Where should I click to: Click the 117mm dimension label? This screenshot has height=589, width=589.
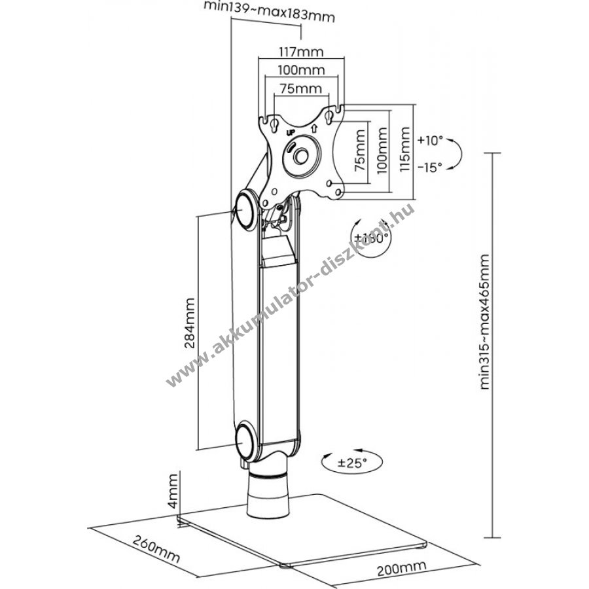[x=301, y=52]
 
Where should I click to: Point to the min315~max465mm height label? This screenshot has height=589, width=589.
[x=485, y=322]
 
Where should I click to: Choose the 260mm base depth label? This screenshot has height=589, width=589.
[x=156, y=549]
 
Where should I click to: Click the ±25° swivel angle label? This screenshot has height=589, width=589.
[x=351, y=463]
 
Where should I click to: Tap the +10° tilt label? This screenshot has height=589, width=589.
[x=431, y=141]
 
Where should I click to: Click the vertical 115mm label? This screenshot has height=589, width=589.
[x=405, y=149]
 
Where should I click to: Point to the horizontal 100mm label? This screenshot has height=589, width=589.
[x=301, y=70]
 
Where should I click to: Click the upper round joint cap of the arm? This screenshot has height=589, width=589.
[x=247, y=209]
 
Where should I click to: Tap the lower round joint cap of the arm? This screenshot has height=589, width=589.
[x=247, y=440]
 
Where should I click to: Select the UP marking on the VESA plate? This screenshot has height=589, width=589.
[x=291, y=133]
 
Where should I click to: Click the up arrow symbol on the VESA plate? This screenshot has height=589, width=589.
[x=314, y=129]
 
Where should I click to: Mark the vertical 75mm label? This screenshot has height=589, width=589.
[x=359, y=151]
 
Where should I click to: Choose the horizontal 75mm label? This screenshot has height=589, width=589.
[x=301, y=88]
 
